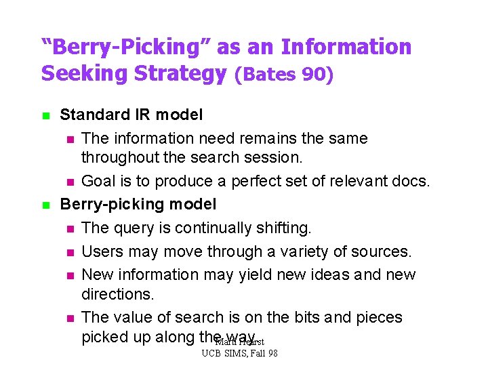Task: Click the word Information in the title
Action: pyautogui.click(x=346, y=47)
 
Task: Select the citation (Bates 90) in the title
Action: pyautogui.click(x=284, y=74)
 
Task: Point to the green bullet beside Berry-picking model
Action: pyautogui.click(x=45, y=205)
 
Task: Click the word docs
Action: pyautogui.click(x=411, y=182)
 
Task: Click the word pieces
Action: pyautogui.click(x=378, y=317)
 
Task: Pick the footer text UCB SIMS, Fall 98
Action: pyautogui.click(x=240, y=354)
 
